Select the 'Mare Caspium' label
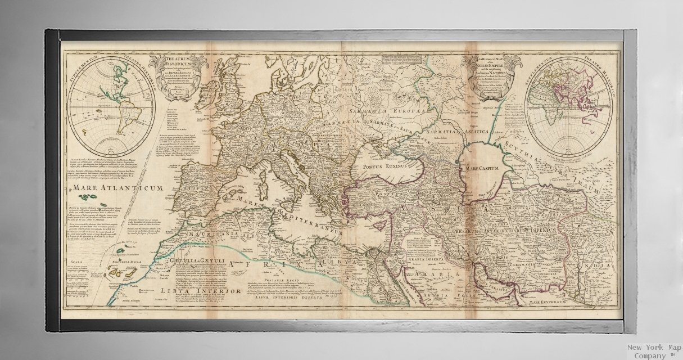(x=478, y=168)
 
